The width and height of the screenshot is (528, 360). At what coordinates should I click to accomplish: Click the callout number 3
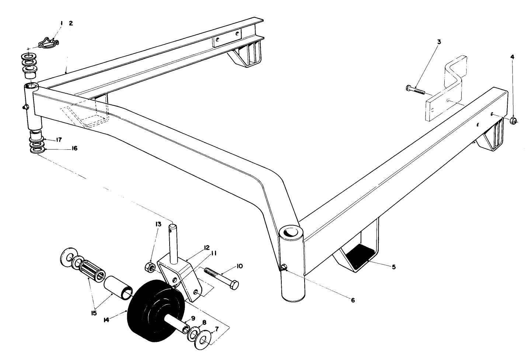tap(439, 42)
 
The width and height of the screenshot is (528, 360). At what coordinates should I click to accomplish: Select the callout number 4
tap(512, 57)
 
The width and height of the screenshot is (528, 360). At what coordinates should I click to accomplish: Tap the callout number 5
tap(393, 267)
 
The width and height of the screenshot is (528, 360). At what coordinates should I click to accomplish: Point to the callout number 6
tap(352, 300)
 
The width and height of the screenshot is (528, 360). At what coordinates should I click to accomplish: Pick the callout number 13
tap(158, 224)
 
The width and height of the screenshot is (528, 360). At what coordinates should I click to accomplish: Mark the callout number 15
tap(93, 313)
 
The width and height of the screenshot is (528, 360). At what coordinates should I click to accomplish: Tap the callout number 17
tap(59, 140)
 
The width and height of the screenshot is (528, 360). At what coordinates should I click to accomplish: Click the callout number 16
tap(74, 148)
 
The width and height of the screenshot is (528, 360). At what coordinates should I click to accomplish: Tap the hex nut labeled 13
tap(150, 266)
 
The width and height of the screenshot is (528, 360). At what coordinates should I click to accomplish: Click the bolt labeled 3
tap(415, 90)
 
